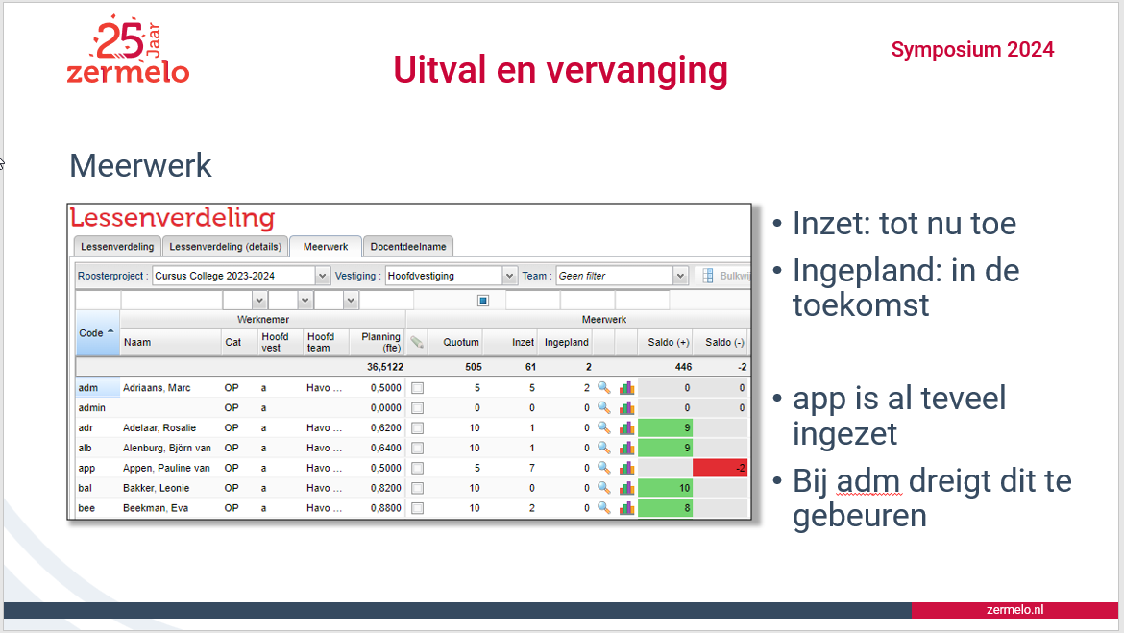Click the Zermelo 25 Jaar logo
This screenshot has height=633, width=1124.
(x=128, y=50)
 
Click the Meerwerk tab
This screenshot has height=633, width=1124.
(x=326, y=247)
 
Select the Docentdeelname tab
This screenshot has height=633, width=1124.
(x=408, y=247)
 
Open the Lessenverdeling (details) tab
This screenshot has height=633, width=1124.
(x=225, y=247)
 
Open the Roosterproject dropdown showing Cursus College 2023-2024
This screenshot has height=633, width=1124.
(x=241, y=276)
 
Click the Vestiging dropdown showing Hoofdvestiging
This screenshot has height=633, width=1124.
(x=451, y=276)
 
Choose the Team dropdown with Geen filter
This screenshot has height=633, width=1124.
(x=622, y=276)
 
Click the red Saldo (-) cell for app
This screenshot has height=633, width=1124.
(x=721, y=468)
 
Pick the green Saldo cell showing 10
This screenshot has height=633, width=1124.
(x=665, y=488)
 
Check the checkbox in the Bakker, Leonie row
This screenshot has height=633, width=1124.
(x=417, y=488)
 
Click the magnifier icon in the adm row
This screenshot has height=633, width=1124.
(x=604, y=388)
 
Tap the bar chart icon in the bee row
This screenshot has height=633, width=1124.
(x=627, y=508)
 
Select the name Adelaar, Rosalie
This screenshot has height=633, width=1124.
(x=159, y=428)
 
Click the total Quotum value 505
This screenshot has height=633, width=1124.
(x=473, y=367)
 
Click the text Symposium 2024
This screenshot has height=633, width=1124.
(x=972, y=49)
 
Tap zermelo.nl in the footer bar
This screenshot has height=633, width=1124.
(x=1014, y=610)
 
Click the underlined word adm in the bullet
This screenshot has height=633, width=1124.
(x=867, y=481)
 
